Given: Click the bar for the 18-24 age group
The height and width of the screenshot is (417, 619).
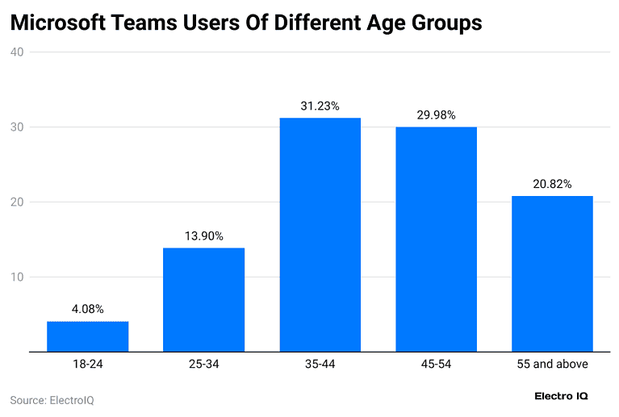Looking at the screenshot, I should click(87, 336).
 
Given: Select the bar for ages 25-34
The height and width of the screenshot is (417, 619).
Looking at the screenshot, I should click(203, 299).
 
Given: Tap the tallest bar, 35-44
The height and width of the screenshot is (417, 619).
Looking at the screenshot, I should click(320, 235).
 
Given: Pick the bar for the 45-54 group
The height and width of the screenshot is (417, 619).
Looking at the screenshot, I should click(436, 240).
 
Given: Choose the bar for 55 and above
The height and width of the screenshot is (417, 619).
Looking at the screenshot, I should click(552, 273).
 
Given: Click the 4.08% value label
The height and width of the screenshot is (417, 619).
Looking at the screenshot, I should click(87, 309).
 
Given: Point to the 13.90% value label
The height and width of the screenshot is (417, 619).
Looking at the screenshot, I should click(203, 236).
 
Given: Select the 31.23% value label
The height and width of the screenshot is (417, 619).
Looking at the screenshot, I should click(320, 106).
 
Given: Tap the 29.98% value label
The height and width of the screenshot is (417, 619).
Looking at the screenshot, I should click(436, 115).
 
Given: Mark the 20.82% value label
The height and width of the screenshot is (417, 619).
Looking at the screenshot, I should click(552, 184).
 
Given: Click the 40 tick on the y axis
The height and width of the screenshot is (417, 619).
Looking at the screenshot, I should click(17, 52).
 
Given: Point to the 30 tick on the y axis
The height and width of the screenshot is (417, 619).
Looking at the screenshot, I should click(17, 127).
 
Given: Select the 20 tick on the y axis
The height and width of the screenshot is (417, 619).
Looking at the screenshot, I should click(17, 202).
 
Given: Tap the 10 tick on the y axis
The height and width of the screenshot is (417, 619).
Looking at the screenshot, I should click(17, 277).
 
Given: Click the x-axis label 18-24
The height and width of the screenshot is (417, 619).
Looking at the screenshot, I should click(87, 365).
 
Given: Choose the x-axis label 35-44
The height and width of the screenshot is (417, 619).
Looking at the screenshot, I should click(320, 365).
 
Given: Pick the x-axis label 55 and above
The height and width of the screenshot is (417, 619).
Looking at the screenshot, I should click(552, 365).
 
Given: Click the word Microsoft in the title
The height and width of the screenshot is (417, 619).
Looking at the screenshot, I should click(61, 23).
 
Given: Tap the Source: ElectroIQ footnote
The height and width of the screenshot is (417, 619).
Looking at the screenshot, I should click(52, 400).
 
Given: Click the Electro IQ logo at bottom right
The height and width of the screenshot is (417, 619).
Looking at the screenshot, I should click(563, 396).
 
